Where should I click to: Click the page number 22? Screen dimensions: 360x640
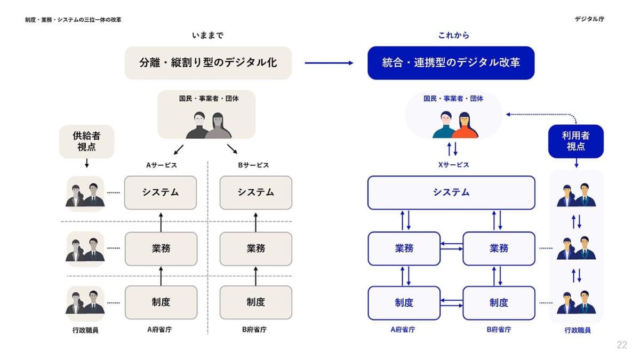tap(622, 345)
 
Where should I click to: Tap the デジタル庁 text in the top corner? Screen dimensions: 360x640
tap(589, 19)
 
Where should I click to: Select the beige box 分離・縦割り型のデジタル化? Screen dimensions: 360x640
tap(208, 63)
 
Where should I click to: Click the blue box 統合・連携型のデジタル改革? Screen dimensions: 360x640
tap(451, 63)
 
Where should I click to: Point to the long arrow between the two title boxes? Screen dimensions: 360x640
tap(329, 63)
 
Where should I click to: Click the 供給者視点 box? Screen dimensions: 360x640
tap(86, 141)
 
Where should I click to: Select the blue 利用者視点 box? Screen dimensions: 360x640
tap(575, 141)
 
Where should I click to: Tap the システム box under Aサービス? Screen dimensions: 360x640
tap(161, 193)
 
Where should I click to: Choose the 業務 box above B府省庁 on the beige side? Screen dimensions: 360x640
tap(255, 248)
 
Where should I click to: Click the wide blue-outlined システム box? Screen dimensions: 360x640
tap(451, 193)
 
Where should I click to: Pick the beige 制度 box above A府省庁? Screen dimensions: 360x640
tap(161, 302)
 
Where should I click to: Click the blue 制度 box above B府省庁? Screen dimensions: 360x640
tap(498, 303)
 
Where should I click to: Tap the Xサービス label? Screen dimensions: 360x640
tap(453, 165)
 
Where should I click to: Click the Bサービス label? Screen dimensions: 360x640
tap(253, 165)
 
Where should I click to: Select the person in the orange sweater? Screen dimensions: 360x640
tap(466, 126)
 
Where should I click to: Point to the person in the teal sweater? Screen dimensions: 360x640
tap(445, 126)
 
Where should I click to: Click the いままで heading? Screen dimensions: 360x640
tap(208, 35)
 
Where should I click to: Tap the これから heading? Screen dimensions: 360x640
tap(453, 35)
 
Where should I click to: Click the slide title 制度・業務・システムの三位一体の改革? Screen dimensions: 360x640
tap(73, 20)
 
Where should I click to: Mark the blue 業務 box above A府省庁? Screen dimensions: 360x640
tap(404, 248)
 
